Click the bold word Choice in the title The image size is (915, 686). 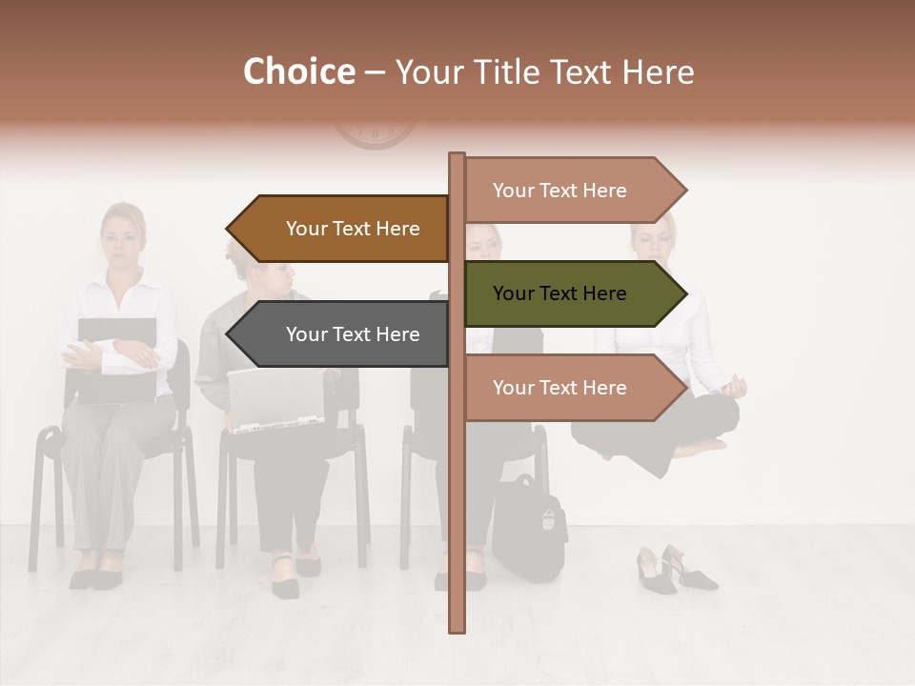coord(298,72)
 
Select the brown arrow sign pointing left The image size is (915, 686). coord(338,229)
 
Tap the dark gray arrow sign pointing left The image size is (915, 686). coord(338,334)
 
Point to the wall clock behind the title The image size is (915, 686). coord(375,131)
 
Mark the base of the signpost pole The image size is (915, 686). coord(457,624)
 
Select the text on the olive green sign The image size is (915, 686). coord(559,293)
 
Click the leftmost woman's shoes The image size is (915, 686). coord(95,577)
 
